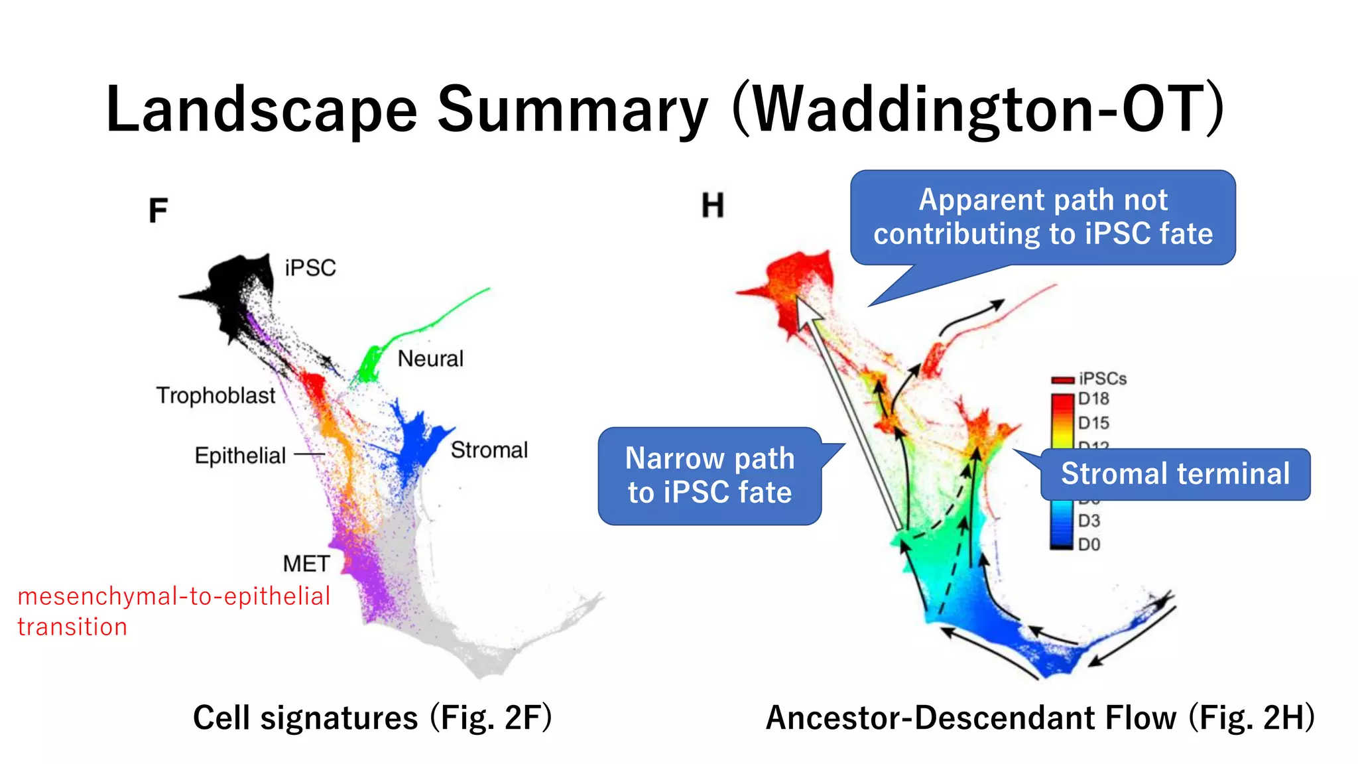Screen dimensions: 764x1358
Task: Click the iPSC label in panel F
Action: coord(310,268)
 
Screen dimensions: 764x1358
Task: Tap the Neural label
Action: coord(430,359)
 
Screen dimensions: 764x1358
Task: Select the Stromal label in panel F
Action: coord(489,450)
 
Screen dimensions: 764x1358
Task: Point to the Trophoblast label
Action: coord(216,395)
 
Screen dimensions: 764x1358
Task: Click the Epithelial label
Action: coord(240,456)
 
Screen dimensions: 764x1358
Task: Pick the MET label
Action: coord(306,564)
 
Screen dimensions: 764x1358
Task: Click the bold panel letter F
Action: coord(158,211)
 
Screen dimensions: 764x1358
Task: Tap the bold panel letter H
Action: coord(713,206)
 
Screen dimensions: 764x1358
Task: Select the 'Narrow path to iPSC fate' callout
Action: coord(710,476)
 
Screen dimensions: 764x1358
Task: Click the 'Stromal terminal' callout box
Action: coord(1175,474)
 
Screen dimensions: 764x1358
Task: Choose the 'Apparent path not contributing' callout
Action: coord(1042,217)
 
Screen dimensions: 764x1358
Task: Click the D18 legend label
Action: coord(1093,399)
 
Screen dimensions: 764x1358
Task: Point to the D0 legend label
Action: coord(1089,544)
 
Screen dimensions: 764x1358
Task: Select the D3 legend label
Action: coord(1089,521)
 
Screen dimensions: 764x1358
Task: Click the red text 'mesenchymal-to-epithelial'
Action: coord(174,596)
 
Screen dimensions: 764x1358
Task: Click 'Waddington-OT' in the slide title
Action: coord(978,109)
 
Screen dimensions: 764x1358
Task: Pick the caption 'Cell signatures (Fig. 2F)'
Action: coord(372,718)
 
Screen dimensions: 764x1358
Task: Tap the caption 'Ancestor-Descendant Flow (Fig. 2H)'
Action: coord(1040,718)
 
